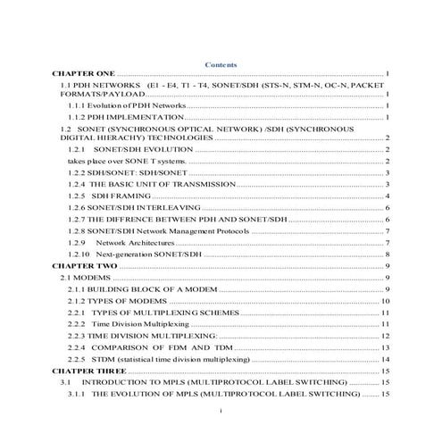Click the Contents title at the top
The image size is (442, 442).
pos(221,64)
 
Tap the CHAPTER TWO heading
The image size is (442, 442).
pos(84,266)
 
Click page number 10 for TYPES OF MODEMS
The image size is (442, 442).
pos(385,302)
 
